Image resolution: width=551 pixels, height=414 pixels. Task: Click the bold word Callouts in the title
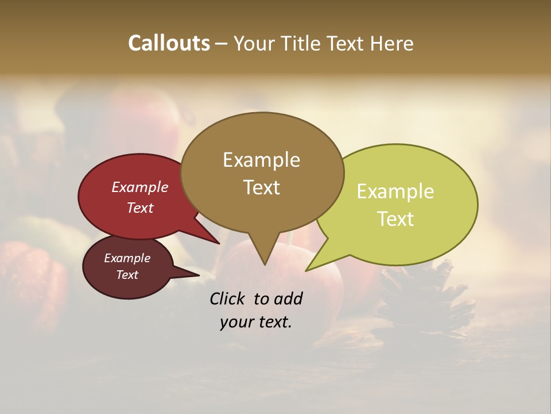(x=169, y=43)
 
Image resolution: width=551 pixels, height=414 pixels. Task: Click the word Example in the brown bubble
(x=261, y=160)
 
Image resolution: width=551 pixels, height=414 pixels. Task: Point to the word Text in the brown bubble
(x=261, y=187)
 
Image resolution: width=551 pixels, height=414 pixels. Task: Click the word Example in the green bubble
(x=395, y=191)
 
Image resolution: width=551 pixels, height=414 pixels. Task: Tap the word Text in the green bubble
(x=395, y=219)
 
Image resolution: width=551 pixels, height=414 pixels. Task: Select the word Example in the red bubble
(x=140, y=187)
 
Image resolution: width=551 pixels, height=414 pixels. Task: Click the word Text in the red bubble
(x=140, y=208)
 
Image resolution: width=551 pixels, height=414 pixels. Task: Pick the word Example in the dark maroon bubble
(x=127, y=258)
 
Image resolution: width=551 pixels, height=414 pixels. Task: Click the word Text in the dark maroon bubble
(x=127, y=275)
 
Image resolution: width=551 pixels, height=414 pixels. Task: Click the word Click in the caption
(x=228, y=298)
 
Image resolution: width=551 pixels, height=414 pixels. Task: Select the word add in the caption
(x=288, y=298)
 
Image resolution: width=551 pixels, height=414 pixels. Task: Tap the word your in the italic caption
(x=235, y=322)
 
